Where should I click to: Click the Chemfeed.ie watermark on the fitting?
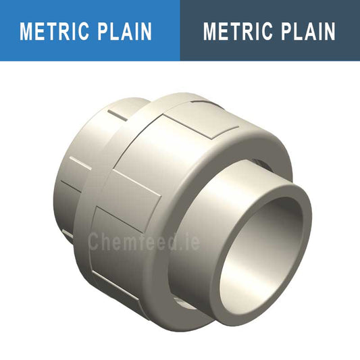tap(144, 241)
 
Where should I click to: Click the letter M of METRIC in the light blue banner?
tap(28, 31)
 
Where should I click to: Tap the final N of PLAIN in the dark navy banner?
tap(328, 31)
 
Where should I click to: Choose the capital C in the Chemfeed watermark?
tap(95, 241)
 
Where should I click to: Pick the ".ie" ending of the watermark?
tap(188, 241)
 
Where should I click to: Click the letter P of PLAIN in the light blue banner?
tap(105, 31)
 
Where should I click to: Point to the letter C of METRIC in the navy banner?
tap(263, 31)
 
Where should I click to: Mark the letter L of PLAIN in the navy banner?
tap(297, 31)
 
